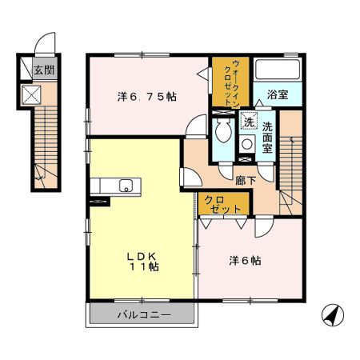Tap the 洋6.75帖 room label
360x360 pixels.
[x=147, y=96]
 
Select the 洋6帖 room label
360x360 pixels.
[x=247, y=260]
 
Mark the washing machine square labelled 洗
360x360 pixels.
[x=249, y=123]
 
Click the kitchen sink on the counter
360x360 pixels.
[x=125, y=186]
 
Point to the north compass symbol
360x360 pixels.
[x=330, y=316]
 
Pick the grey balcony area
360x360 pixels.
[x=143, y=314]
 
